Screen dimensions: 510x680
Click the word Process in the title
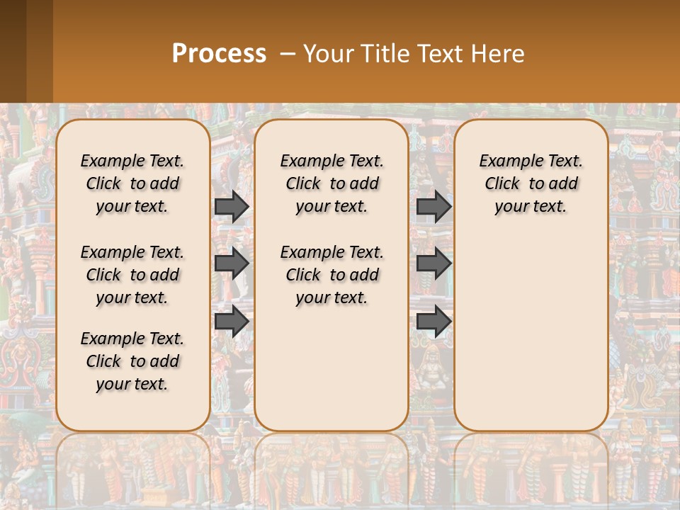pos(219,54)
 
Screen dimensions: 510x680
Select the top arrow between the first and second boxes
pos(231,206)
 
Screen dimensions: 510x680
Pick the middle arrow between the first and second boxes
pos(231,263)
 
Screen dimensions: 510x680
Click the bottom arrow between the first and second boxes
pos(231,321)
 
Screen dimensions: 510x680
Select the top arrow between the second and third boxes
pos(433,206)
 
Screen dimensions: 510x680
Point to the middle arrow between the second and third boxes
pos(433,263)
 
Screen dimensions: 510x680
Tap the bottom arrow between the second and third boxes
pos(433,321)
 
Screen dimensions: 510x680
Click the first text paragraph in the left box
pos(132,183)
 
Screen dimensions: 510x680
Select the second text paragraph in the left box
pos(132,275)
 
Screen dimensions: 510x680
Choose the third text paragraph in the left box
pos(132,361)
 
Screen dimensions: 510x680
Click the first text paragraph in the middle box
pos(331,183)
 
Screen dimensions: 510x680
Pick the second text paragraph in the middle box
pos(331,275)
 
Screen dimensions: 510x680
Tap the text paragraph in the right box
pos(531,183)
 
